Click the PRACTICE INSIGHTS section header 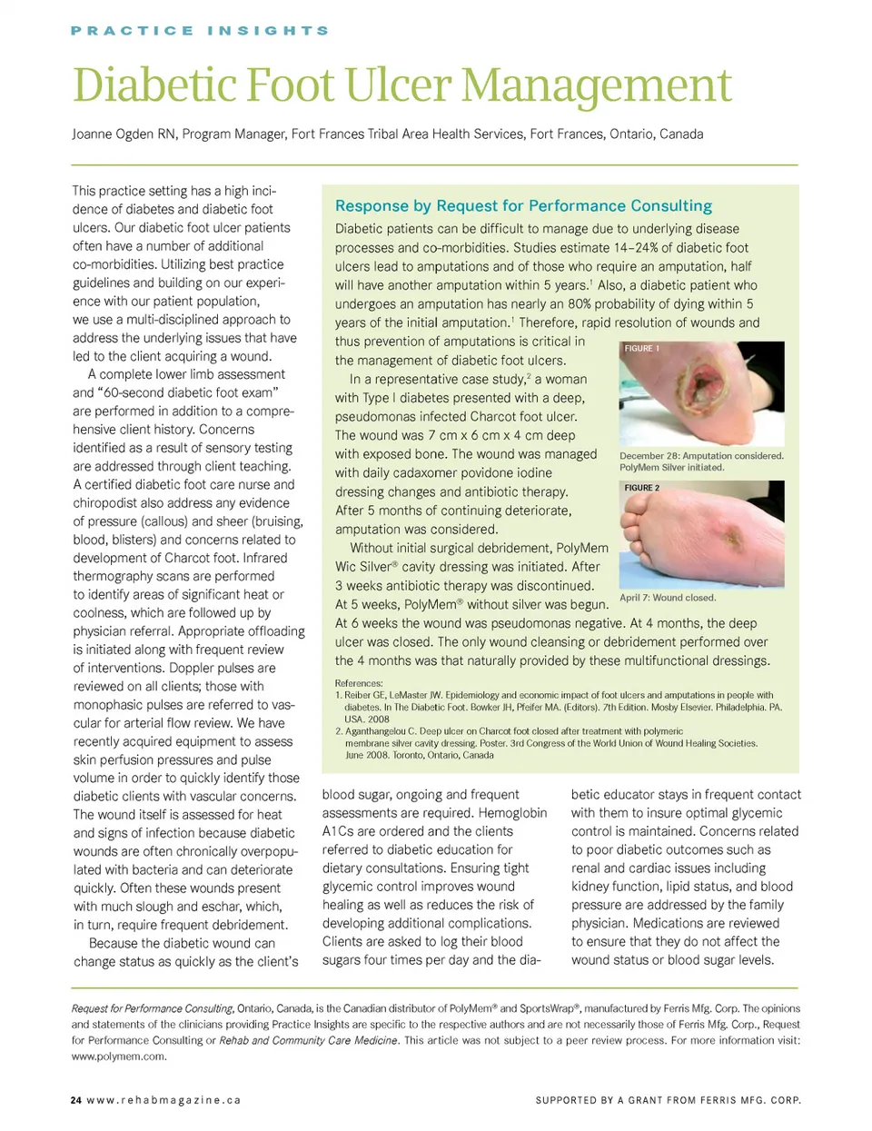199,31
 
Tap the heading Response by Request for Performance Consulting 523,206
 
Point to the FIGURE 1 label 642,349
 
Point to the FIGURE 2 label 642,488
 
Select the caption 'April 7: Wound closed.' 668,598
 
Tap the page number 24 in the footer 75,1100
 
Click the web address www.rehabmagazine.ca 163,1100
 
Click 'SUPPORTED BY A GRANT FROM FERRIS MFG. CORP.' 668,1100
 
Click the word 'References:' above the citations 359,683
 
